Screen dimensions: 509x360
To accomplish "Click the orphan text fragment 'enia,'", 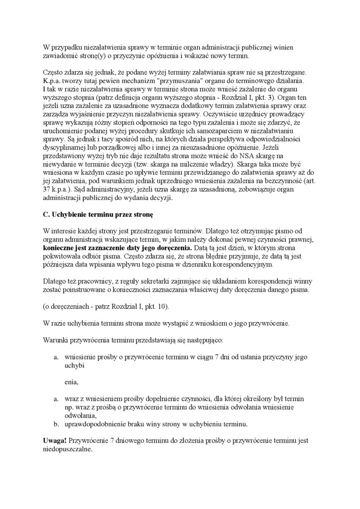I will coord(72,382).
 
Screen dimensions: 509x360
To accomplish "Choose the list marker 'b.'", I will coord(56,424).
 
